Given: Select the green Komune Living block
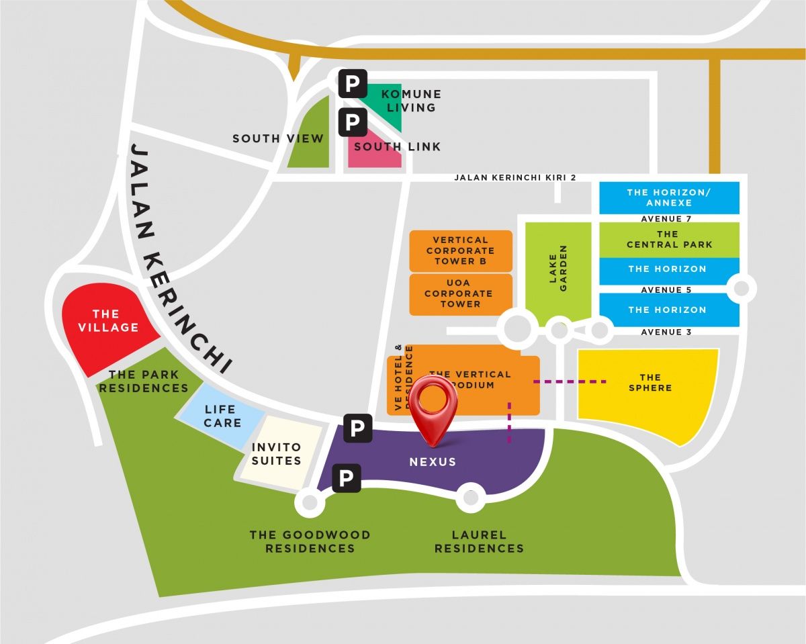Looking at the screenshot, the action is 390,107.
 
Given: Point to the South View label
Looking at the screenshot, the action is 278,139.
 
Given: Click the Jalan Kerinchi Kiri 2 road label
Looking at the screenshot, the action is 515,178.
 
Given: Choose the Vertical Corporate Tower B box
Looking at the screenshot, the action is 460,250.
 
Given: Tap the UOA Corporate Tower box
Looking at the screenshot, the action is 460,293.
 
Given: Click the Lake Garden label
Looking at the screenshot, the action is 558,269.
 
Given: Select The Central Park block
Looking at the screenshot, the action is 669,240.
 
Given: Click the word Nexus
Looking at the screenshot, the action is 433,462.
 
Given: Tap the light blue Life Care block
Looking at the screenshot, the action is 220,416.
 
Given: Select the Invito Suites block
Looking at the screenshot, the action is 277,454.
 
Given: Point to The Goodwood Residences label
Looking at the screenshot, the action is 310,541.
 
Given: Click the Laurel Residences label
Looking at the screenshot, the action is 479,541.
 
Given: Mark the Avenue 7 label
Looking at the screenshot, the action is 666,219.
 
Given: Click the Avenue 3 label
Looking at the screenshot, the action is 666,332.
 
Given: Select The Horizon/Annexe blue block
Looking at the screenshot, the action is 669,197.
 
